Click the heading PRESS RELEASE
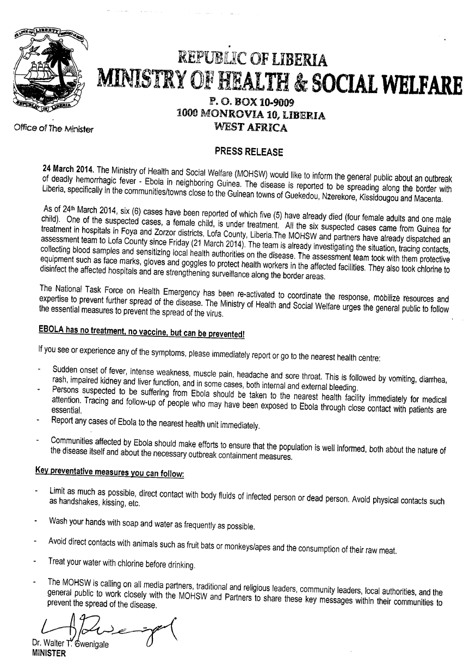coord(249,152)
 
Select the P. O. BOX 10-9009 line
coord(251,102)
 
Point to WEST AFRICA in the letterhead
coord(251,128)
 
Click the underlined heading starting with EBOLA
coord(141,332)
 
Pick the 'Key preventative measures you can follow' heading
coord(109,471)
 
